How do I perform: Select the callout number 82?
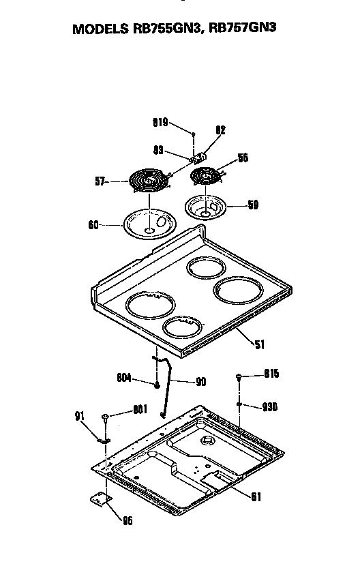click(220, 130)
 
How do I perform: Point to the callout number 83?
click(157, 149)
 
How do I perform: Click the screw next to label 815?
click(239, 376)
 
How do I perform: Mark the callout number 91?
click(78, 416)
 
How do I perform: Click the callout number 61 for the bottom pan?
click(255, 496)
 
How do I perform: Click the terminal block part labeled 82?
click(200, 156)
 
